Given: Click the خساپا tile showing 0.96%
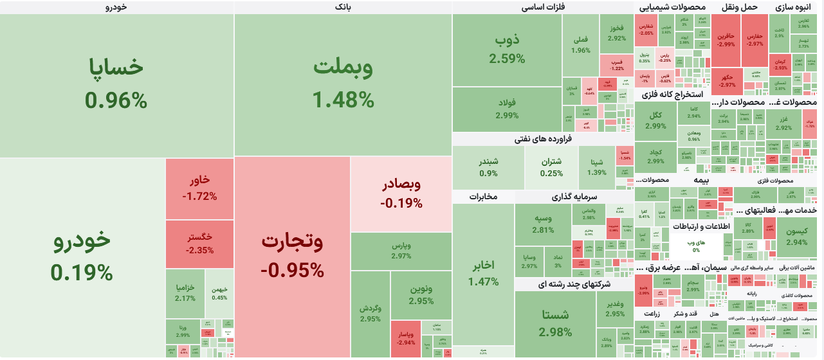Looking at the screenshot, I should (116, 84).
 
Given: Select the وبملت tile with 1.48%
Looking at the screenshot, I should (343, 84).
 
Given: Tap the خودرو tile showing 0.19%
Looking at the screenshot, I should (82, 256).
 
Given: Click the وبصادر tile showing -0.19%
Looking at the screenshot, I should (401, 194).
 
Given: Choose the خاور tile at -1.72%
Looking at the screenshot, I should (199, 188).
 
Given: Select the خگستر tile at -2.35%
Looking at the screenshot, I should (199, 244).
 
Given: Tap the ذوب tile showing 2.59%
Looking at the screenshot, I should (507, 50).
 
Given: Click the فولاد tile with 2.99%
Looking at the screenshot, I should (507, 109).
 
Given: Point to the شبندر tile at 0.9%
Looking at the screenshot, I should (488, 167).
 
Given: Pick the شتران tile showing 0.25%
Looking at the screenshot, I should (551, 167).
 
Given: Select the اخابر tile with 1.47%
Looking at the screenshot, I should (483, 273).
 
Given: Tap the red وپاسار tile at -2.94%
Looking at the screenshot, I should (405, 339).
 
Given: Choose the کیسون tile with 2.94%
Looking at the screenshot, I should (796, 236).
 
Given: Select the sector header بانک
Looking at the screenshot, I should (343, 7).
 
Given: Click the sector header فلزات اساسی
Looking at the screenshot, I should (542, 7).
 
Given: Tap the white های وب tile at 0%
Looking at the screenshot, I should (696, 246).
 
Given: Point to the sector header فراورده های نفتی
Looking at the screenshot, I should (542, 139).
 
